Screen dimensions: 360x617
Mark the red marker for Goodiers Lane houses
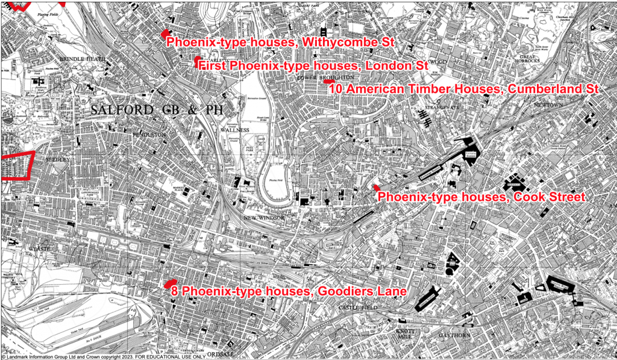[x=171, y=283]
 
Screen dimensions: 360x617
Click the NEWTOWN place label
[x=547, y=104]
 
